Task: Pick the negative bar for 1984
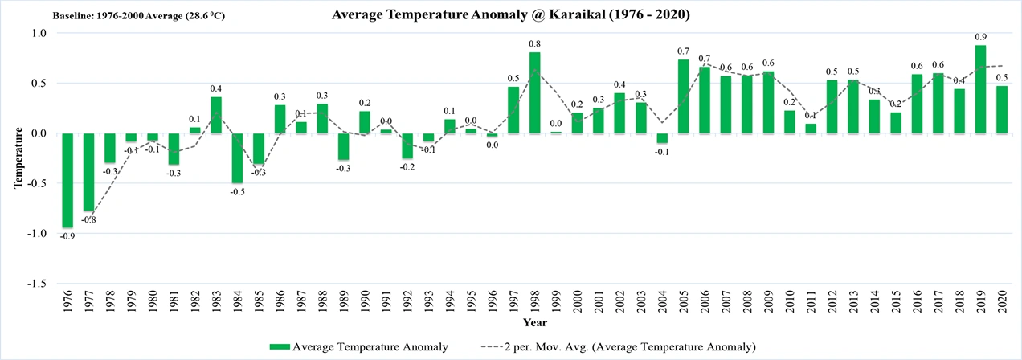point(237,158)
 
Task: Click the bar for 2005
point(683,96)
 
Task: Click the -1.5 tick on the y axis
point(38,284)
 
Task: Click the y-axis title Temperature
point(17,157)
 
